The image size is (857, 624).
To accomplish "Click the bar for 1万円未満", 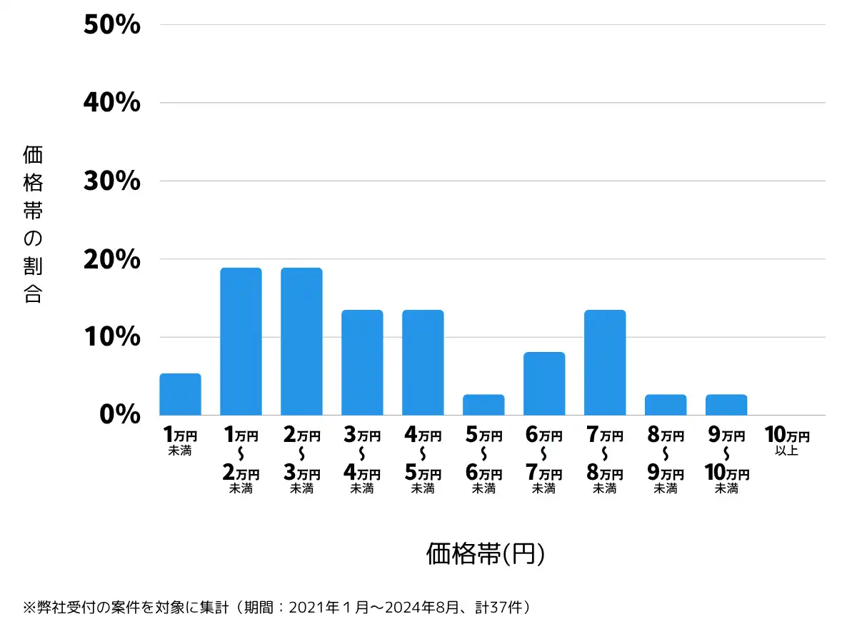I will pyautogui.click(x=180, y=394).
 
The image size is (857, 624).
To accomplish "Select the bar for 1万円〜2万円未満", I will pyautogui.click(x=241, y=341).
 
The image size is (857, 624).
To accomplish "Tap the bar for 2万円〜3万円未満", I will pyautogui.click(x=301, y=341).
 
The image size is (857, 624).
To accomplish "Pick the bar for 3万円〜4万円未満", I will pyautogui.click(x=362, y=363).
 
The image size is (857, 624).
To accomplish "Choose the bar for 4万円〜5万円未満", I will pyautogui.click(x=423, y=363).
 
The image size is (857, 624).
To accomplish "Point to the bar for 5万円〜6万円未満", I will pyautogui.click(x=483, y=405).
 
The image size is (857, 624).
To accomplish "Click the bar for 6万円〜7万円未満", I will pyautogui.click(x=544, y=383).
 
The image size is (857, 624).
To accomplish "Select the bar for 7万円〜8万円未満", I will pyautogui.click(x=605, y=363).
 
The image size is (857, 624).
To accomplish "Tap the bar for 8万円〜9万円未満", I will pyautogui.click(x=666, y=405).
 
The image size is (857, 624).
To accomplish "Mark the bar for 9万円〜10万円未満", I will pyautogui.click(x=726, y=405).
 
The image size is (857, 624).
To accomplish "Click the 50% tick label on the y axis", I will pyautogui.click(x=111, y=25).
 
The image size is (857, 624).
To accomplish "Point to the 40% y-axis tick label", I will pyautogui.click(x=111, y=103).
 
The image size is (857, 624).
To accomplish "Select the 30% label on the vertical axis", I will pyautogui.click(x=111, y=181).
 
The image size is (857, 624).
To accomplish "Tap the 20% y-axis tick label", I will pyautogui.click(x=111, y=259).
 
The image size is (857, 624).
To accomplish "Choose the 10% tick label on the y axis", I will pyautogui.click(x=111, y=337).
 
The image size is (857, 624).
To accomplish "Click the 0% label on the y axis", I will pyautogui.click(x=120, y=415).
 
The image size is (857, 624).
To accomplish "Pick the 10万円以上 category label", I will pyautogui.click(x=787, y=440).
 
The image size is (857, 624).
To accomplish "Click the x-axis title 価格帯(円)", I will pyautogui.click(x=486, y=554).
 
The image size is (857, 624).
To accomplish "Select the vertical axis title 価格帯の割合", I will pyautogui.click(x=33, y=224).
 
